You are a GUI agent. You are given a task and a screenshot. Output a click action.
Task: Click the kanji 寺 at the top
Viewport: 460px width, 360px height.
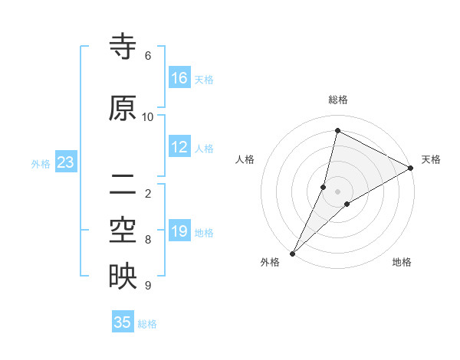coord(123,47)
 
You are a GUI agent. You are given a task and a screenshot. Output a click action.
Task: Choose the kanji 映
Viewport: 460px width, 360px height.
coord(123,277)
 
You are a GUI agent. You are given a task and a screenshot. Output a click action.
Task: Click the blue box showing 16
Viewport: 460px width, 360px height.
coord(179,78)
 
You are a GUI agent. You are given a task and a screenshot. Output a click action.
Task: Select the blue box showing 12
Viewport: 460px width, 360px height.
coord(179,148)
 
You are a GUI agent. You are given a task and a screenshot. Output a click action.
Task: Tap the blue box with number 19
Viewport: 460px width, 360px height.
coord(179,232)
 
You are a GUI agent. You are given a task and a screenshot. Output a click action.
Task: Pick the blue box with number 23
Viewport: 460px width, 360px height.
coord(65,162)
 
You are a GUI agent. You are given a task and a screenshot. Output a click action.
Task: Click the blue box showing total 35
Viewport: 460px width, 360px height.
coord(123,322)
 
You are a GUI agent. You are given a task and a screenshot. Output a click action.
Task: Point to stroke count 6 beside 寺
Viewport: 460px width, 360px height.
coord(148,56)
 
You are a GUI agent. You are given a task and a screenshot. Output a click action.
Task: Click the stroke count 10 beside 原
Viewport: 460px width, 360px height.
coord(148,117)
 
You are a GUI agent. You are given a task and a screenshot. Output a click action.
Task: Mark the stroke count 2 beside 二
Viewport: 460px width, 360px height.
coord(148,193)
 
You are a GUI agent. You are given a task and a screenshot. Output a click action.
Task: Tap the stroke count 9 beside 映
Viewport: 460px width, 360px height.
coord(148,286)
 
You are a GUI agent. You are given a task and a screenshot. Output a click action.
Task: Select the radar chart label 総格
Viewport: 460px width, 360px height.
coord(338,100)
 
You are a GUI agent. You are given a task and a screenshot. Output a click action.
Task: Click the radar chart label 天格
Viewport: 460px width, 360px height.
coord(431,159)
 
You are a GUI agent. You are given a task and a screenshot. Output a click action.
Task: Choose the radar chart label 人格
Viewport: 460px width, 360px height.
coord(245,159)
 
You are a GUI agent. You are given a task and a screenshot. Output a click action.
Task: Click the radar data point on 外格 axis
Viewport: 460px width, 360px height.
coord(292,253)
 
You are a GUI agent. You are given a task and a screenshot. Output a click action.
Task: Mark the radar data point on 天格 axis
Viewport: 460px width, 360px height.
coord(411,168)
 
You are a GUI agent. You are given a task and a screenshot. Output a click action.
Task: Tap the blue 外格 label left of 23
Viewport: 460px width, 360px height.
coord(41,163)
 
